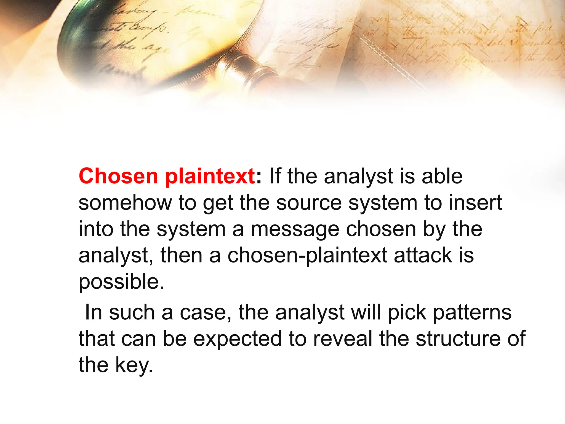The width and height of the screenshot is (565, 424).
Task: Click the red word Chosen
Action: point(118,176)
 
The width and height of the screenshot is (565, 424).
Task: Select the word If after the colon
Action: point(275,176)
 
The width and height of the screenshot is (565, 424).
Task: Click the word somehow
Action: point(125,203)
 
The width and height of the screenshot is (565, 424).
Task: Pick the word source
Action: point(309,203)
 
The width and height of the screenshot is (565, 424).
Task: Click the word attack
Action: point(423,255)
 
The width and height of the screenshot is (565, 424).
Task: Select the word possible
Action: point(121,282)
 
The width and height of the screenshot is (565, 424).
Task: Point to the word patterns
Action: point(472,313)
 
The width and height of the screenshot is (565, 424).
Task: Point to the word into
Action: point(96,229)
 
